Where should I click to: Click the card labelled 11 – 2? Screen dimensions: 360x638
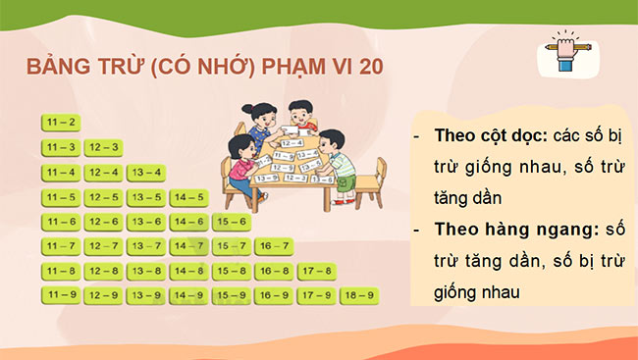tap(61, 123)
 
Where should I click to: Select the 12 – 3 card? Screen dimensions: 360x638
tap(103, 148)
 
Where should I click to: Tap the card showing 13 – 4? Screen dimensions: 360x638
tap(146, 173)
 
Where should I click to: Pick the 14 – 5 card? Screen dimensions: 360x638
tap(188, 197)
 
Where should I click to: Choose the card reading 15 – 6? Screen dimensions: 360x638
tap(231, 222)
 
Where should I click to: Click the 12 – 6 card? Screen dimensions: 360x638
tap(103, 222)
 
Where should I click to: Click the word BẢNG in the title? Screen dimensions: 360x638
tap(59, 67)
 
